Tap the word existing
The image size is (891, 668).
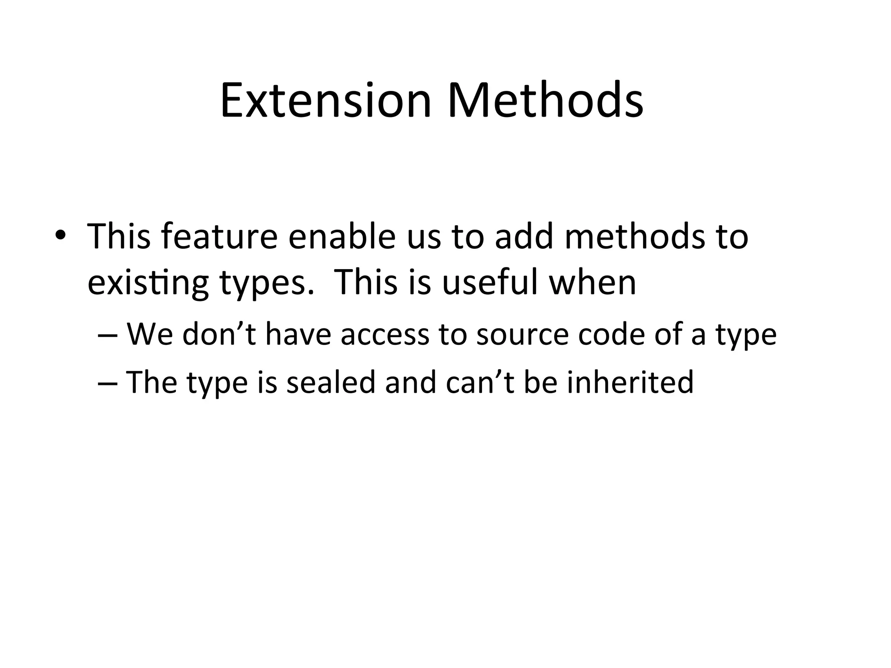148,284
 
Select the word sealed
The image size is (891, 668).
331,382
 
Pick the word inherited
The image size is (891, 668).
630,382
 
